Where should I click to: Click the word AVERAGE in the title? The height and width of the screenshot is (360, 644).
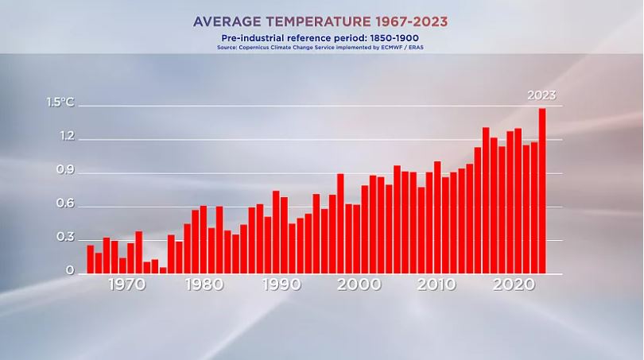231,21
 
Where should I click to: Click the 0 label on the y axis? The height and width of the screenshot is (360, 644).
70,272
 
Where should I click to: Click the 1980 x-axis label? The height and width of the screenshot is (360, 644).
203,285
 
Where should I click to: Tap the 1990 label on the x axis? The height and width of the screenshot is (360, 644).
280,285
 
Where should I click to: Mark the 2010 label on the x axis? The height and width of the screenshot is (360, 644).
436,285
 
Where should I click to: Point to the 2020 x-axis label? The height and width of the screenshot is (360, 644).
514,285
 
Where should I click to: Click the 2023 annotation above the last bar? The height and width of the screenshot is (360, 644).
541,95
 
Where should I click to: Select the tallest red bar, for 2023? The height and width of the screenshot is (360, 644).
542,191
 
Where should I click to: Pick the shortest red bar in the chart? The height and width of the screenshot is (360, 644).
163,270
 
